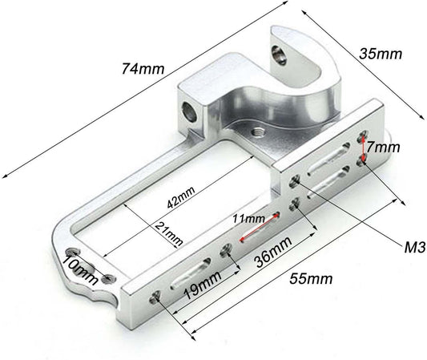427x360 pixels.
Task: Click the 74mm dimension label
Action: (x=143, y=69)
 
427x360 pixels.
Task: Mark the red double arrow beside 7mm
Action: (x=363, y=148)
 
